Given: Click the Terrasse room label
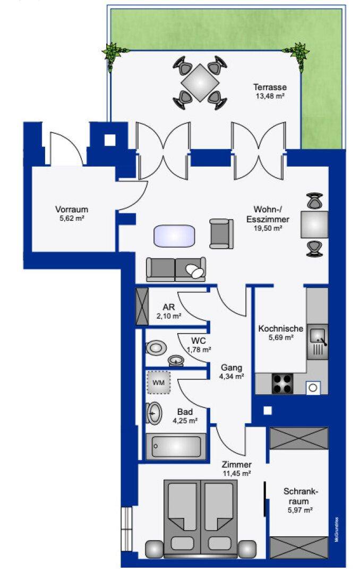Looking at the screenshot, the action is (x=270, y=88).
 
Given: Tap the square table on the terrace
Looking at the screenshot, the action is (x=200, y=83).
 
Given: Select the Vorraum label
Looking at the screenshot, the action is (x=72, y=210).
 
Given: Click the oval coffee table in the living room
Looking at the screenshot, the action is (x=174, y=236).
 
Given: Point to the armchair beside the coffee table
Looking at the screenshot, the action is (x=221, y=233).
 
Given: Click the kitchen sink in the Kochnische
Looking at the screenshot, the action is (x=317, y=342).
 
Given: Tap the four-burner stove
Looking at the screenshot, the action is (x=283, y=384).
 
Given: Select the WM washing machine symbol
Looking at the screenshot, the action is (x=158, y=383).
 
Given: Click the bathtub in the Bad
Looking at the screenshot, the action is (x=176, y=446).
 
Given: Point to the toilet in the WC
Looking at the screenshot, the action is (x=156, y=347).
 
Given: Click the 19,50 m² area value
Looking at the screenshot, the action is (x=268, y=228).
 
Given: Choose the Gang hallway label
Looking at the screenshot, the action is (x=231, y=368).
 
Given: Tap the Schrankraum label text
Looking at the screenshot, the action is (x=301, y=496).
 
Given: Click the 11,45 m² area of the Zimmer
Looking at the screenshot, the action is (x=236, y=474).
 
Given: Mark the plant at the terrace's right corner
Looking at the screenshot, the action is (x=300, y=55).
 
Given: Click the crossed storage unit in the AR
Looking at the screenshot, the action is (x=142, y=306).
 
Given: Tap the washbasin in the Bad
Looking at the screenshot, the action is (x=155, y=413).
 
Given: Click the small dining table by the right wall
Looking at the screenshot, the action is (x=314, y=224).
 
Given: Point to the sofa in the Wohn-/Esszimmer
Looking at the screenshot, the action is (x=176, y=270).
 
